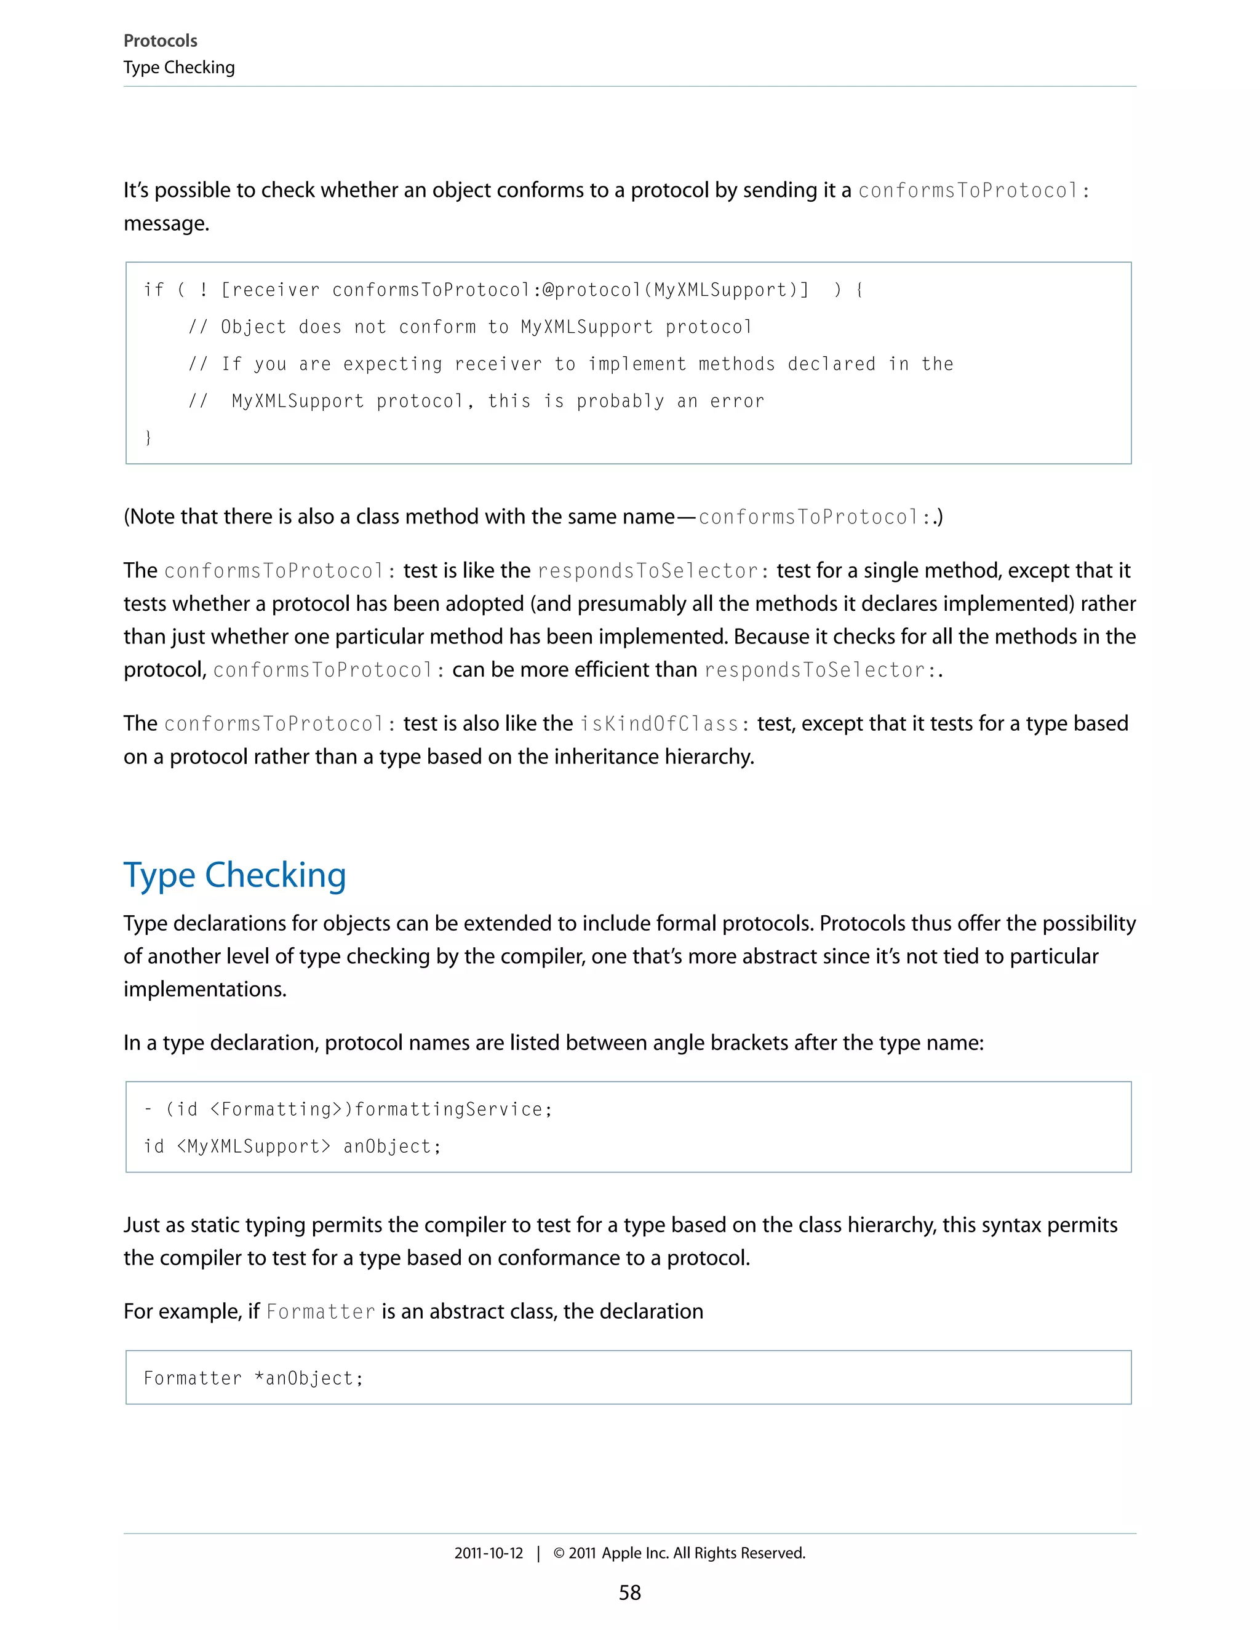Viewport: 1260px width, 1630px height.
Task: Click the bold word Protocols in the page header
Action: click(160, 41)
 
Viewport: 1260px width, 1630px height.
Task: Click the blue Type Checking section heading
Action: click(234, 875)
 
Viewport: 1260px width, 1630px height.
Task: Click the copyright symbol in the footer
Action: click(559, 1553)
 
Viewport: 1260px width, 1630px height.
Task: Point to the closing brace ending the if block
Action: click(148, 437)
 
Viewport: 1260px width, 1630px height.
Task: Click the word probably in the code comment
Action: click(620, 401)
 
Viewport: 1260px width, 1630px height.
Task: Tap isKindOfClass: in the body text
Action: click(659, 724)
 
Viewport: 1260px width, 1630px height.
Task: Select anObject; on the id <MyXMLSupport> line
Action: click(392, 1147)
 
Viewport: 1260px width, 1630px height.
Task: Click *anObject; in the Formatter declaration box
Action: click(308, 1378)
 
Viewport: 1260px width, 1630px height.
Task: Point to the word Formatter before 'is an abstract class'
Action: click(320, 1312)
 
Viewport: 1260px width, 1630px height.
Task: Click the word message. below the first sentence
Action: click(165, 223)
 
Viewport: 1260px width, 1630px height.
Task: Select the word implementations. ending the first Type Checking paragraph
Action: click(204, 989)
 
